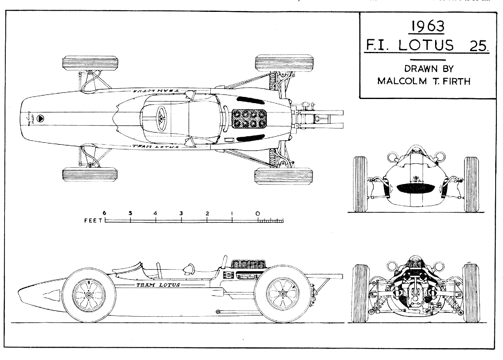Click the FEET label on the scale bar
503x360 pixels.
(94, 220)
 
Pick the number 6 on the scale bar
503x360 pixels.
(105, 213)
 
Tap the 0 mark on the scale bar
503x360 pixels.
(257, 213)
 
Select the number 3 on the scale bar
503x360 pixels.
(181, 213)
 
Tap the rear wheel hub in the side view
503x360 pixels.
(282, 294)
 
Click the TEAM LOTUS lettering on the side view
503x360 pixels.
(158, 285)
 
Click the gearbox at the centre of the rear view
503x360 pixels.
(415, 295)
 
